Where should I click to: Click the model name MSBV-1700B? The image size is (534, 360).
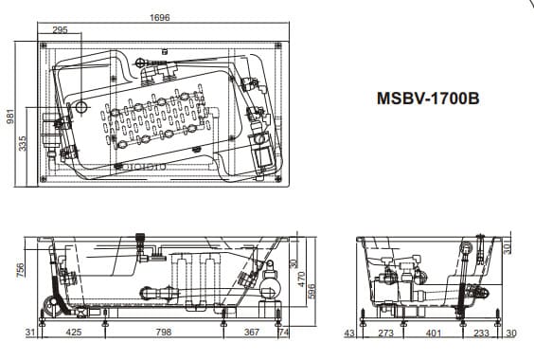[x=428, y=99]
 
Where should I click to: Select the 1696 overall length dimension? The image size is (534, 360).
[x=160, y=17]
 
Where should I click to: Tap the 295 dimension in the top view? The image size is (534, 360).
[x=60, y=29]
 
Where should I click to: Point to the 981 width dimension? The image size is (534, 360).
[x=10, y=117]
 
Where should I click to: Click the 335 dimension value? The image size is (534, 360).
[x=23, y=143]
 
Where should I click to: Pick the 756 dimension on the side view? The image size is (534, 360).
[x=21, y=269]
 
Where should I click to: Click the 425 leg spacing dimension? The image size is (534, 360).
[x=74, y=332]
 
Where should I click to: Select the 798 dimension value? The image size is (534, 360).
[x=164, y=332]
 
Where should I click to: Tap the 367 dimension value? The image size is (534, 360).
[x=252, y=332]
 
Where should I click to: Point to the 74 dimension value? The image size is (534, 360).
[x=284, y=332]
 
